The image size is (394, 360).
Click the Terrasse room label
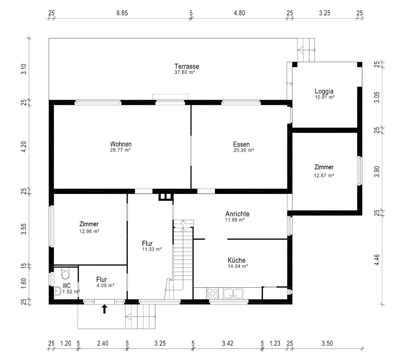click(x=186, y=66)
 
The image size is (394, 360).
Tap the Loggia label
click(x=324, y=91)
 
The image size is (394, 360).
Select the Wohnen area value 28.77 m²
click(x=120, y=150)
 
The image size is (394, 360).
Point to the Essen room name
click(x=241, y=144)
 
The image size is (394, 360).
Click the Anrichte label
click(x=237, y=214)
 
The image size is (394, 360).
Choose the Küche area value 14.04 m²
click(x=238, y=266)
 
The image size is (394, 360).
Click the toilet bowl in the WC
click(x=65, y=274)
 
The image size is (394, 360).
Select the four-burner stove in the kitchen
click(x=213, y=293)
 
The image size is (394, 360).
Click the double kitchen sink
click(x=233, y=293)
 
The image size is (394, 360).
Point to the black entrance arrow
click(x=104, y=309)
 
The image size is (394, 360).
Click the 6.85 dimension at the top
click(x=122, y=13)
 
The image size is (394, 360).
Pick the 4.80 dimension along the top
click(x=239, y=13)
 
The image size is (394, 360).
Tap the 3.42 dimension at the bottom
click(x=228, y=343)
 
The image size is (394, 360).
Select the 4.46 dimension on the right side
click(x=377, y=260)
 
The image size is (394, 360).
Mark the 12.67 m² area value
click(x=324, y=175)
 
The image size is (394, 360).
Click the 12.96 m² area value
click(x=89, y=231)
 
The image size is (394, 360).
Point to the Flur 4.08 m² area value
click(x=105, y=285)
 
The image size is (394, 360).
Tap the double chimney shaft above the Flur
click(x=166, y=197)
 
